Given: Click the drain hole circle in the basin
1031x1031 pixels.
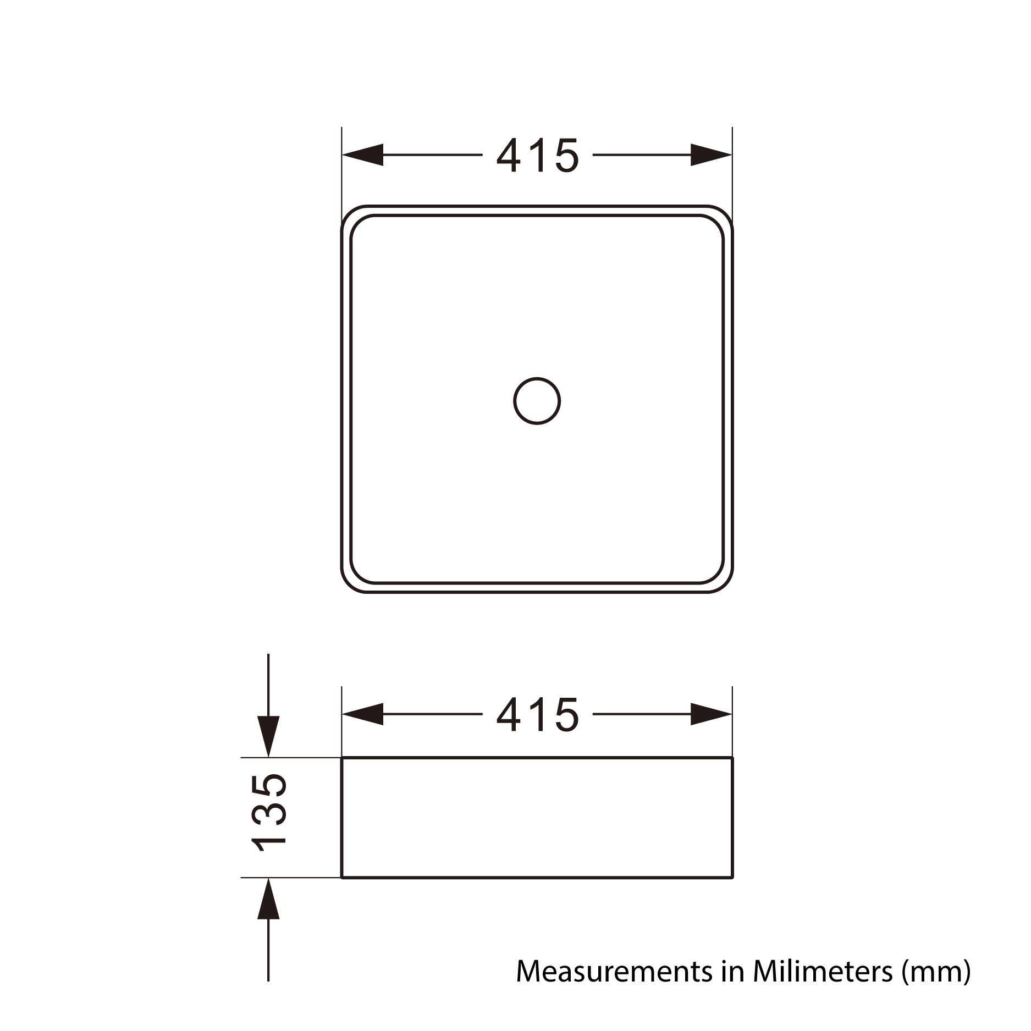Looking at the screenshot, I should (537, 401).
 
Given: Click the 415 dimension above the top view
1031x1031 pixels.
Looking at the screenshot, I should (537, 156).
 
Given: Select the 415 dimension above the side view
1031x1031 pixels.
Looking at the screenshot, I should (537, 715).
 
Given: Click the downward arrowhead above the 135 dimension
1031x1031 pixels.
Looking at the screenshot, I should (268, 737).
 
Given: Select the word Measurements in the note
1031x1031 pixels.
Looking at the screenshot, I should (614, 972).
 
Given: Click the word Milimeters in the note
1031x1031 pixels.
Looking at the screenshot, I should (823, 972).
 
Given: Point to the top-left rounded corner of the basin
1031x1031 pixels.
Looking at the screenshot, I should (350, 215).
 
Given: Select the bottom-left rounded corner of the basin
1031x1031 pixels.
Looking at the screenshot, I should (350, 583).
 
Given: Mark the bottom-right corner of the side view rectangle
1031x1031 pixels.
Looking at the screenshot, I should (732, 877).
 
